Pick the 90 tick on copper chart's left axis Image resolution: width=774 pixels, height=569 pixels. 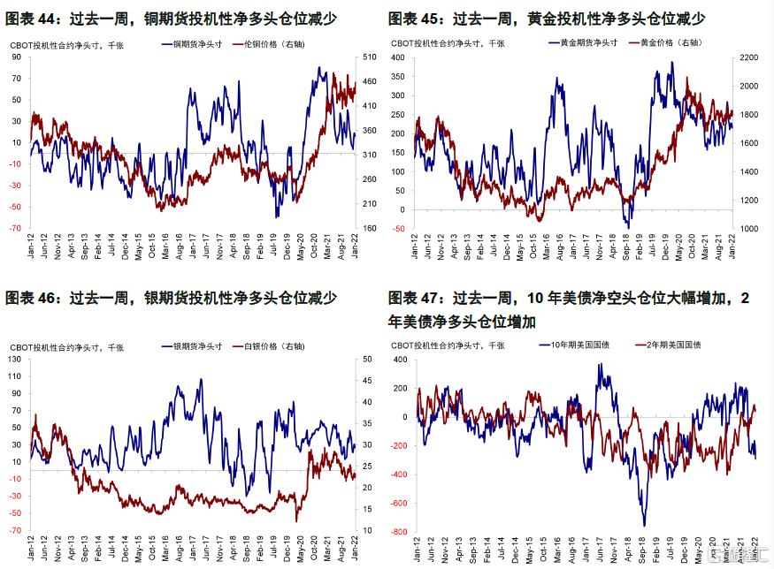point(16,57)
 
